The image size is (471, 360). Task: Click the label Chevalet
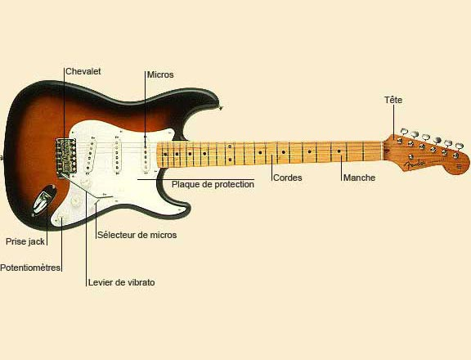[83, 71]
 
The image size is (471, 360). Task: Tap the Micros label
[160, 74]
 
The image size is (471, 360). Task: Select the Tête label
[393, 100]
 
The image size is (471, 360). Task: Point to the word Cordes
[288, 178]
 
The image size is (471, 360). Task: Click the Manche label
[359, 178]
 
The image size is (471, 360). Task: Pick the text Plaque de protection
[213, 184]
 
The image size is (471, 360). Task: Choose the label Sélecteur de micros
[137, 235]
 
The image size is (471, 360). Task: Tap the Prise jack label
[25, 241]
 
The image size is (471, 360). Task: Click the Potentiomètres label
[30, 268]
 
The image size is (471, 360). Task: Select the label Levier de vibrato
[121, 282]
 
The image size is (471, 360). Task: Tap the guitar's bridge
[65, 156]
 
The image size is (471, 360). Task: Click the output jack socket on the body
[43, 200]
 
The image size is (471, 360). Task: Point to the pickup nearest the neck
[146, 156]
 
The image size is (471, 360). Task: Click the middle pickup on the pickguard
[117, 156]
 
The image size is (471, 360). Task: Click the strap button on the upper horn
[221, 107]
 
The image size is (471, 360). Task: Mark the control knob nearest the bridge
[87, 182]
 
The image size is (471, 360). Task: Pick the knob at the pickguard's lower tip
[61, 217]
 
